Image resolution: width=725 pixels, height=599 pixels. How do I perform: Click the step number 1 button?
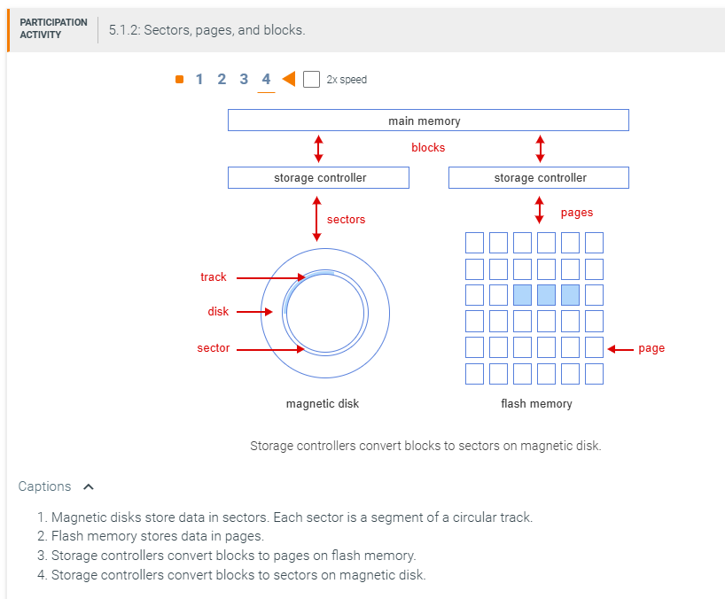point(199,80)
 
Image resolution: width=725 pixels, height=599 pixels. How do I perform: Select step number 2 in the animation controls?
point(222,80)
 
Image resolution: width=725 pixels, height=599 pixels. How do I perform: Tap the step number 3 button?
point(244,80)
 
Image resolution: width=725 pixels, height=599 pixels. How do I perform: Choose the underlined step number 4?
point(266,80)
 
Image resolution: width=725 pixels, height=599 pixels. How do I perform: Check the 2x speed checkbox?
point(311,80)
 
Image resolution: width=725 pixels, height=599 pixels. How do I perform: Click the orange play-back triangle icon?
point(288,80)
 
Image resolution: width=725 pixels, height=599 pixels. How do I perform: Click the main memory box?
point(428,121)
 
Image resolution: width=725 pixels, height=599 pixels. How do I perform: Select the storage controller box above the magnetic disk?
point(318,178)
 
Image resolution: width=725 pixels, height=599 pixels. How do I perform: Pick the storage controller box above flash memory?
point(539,178)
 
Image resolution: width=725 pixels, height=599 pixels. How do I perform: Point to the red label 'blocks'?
point(428,148)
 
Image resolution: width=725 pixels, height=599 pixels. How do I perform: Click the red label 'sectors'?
point(346,220)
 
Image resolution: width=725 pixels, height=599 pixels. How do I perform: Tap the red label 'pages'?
point(577,213)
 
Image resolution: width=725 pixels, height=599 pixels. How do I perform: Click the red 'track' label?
point(214,277)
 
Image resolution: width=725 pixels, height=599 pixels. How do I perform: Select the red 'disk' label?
point(218,312)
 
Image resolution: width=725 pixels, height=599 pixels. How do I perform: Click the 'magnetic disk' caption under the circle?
point(323,404)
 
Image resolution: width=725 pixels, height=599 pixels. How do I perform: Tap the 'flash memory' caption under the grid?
point(536,404)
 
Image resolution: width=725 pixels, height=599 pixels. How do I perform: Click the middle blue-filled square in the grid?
point(546,295)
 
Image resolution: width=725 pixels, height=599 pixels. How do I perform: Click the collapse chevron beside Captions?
point(88,486)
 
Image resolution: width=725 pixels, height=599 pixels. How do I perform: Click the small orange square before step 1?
point(179,80)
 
